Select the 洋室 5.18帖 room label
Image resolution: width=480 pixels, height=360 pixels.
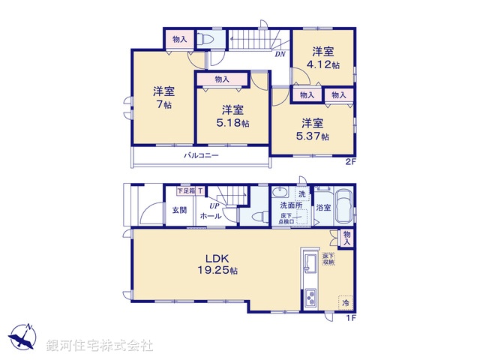pos(233,116)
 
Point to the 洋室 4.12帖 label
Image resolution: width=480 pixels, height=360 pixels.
pos(325,58)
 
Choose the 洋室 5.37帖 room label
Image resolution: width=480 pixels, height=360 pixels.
pos(314,130)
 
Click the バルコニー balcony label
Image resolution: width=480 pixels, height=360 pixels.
pos(201,155)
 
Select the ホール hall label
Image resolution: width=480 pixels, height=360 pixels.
pos(210,216)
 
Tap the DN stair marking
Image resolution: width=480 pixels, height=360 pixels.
pos(279,54)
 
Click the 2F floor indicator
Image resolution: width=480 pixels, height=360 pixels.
pos(350,163)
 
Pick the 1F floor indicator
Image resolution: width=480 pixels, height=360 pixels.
pos(350,318)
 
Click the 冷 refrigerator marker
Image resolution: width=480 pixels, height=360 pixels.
pos(346,303)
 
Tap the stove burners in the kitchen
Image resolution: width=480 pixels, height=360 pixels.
pos(310,299)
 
